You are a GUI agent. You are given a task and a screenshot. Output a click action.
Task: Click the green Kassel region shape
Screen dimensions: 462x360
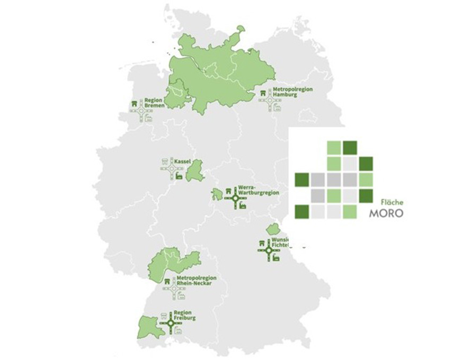(x=195, y=170)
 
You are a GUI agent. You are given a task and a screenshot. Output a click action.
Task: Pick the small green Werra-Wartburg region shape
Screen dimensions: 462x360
(x=218, y=194)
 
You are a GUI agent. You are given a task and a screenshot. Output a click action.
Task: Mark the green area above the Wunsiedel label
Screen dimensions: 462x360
(x=273, y=229)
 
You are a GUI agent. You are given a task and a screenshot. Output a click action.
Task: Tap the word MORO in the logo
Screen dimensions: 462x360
(x=388, y=214)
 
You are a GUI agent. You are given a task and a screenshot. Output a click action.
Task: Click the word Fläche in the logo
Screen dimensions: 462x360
(x=392, y=202)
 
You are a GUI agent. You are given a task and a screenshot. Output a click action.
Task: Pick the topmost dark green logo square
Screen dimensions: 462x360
(x=350, y=147)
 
